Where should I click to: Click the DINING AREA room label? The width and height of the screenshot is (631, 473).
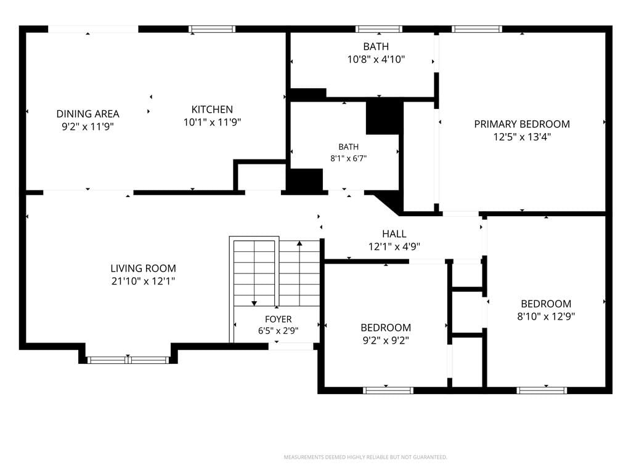point(88,114)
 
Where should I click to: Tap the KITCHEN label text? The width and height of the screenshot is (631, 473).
point(212,110)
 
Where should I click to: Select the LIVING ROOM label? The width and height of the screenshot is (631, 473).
point(143,269)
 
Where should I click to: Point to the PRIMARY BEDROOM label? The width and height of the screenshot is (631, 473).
point(522,124)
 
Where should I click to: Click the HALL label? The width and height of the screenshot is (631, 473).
point(394,233)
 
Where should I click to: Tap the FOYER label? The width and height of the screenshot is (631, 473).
point(278,320)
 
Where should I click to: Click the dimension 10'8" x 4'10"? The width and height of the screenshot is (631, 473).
point(376,60)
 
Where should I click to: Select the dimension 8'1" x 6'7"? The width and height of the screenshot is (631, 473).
point(349,158)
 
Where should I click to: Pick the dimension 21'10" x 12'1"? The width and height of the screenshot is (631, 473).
point(143,281)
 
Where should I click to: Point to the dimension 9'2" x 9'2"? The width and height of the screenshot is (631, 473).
point(386,341)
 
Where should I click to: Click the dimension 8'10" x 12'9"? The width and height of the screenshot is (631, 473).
point(546,317)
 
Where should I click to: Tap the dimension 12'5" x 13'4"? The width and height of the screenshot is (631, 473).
point(522,137)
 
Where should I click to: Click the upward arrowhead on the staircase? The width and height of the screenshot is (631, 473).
point(299,243)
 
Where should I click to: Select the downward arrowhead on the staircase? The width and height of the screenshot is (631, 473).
point(254,303)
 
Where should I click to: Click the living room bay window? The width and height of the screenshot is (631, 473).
point(128,360)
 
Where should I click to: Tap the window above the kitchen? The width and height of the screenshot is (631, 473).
point(212,29)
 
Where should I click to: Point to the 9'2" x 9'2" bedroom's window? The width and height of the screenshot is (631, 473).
point(388,390)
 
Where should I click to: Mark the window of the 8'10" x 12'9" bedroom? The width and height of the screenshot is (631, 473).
point(542,390)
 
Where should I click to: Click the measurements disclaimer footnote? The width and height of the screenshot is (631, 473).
point(365,457)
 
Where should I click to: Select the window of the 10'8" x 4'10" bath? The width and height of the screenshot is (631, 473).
point(379,29)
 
